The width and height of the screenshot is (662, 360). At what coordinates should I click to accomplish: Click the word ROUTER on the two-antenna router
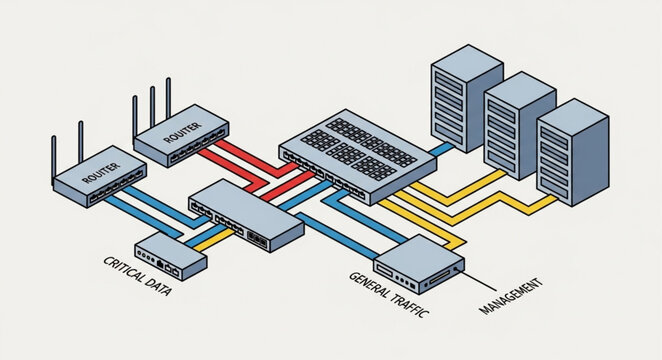tap(100, 176)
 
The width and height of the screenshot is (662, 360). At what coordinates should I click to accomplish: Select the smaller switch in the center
tap(245, 214)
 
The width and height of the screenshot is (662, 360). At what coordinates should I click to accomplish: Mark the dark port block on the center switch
tap(257, 239)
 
